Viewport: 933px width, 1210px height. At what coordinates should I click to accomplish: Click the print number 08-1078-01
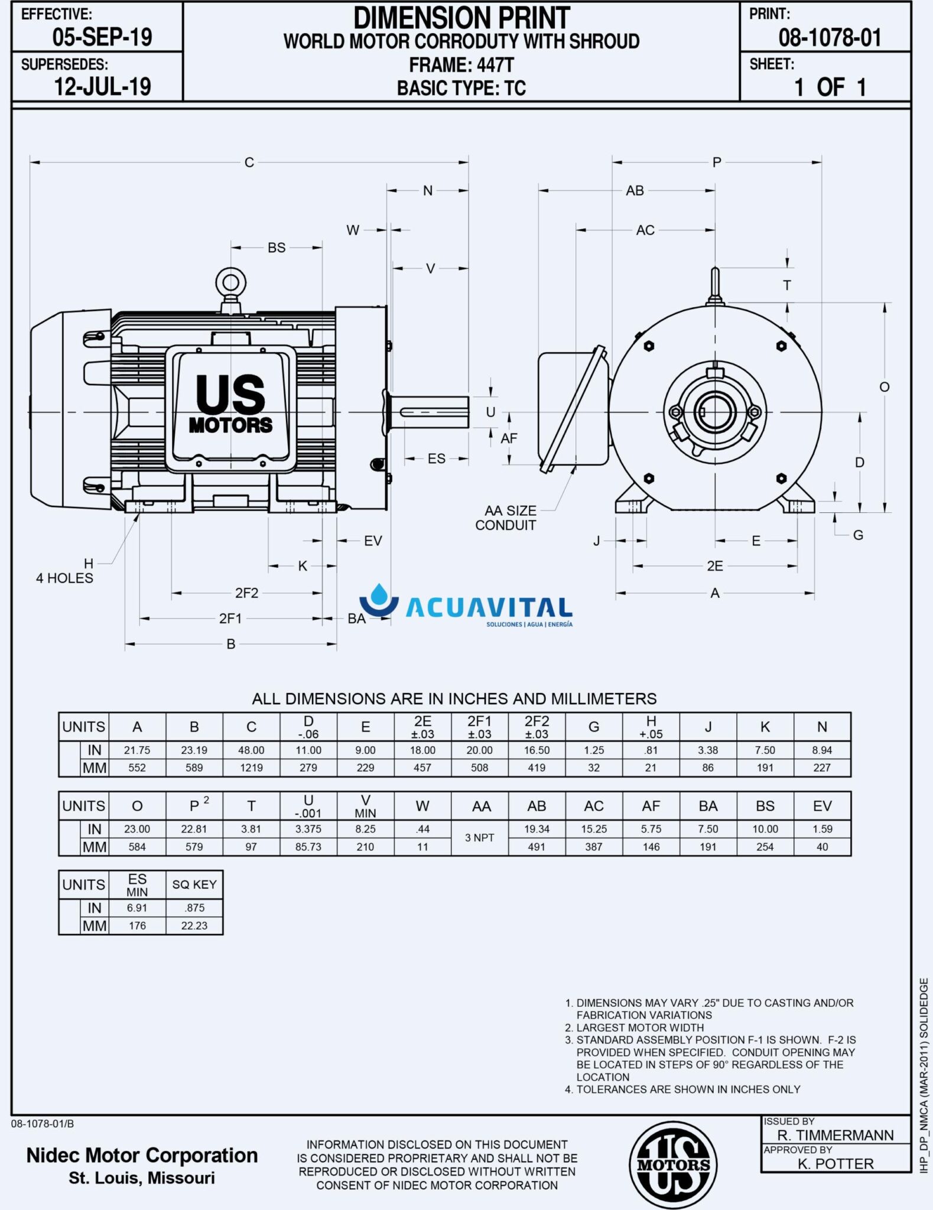tap(830, 38)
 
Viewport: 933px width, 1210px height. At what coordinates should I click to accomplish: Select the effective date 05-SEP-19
tap(102, 37)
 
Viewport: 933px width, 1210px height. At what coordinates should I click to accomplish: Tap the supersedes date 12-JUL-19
tap(102, 87)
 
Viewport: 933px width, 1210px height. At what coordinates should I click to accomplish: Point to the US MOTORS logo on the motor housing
tap(230, 405)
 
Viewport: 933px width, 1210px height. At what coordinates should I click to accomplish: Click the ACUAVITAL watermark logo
tap(466, 606)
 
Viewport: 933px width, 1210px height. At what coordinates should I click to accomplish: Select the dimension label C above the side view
tap(249, 162)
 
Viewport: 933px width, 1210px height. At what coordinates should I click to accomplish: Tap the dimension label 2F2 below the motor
tap(246, 593)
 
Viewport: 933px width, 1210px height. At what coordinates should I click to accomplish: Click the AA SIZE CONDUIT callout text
tap(506, 518)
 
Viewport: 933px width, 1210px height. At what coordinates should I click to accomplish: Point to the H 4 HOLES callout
tap(65, 571)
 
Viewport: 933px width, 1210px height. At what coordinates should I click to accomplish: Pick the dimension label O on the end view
tap(884, 387)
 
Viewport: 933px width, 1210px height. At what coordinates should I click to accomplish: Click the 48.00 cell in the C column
tap(251, 750)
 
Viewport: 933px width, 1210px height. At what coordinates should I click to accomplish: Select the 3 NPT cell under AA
tap(480, 838)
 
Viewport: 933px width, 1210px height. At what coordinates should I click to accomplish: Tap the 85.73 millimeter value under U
tap(308, 847)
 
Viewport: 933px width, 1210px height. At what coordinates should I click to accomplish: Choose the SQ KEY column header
tap(194, 884)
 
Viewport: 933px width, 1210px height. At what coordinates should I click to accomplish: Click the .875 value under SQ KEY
tap(194, 908)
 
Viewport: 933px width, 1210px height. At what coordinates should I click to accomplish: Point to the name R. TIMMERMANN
tap(836, 1135)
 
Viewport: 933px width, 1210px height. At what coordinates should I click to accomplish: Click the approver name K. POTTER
tap(836, 1164)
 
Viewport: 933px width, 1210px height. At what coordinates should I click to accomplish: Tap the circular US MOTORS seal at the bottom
tap(673, 1166)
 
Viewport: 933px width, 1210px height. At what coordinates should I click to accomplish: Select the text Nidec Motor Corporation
tap(142, 1155)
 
